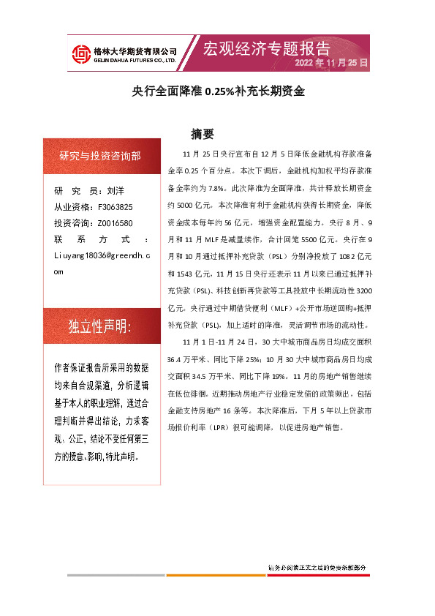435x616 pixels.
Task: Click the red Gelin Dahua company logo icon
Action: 80,54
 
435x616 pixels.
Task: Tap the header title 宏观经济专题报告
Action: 266,48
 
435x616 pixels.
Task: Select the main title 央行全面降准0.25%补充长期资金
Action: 217,93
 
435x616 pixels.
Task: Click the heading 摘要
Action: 202,135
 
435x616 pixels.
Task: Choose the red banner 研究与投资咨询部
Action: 100,156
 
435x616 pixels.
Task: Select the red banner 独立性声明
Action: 100,326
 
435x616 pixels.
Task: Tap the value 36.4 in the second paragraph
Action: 175,359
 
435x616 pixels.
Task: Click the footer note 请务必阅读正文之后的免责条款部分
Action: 317,567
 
